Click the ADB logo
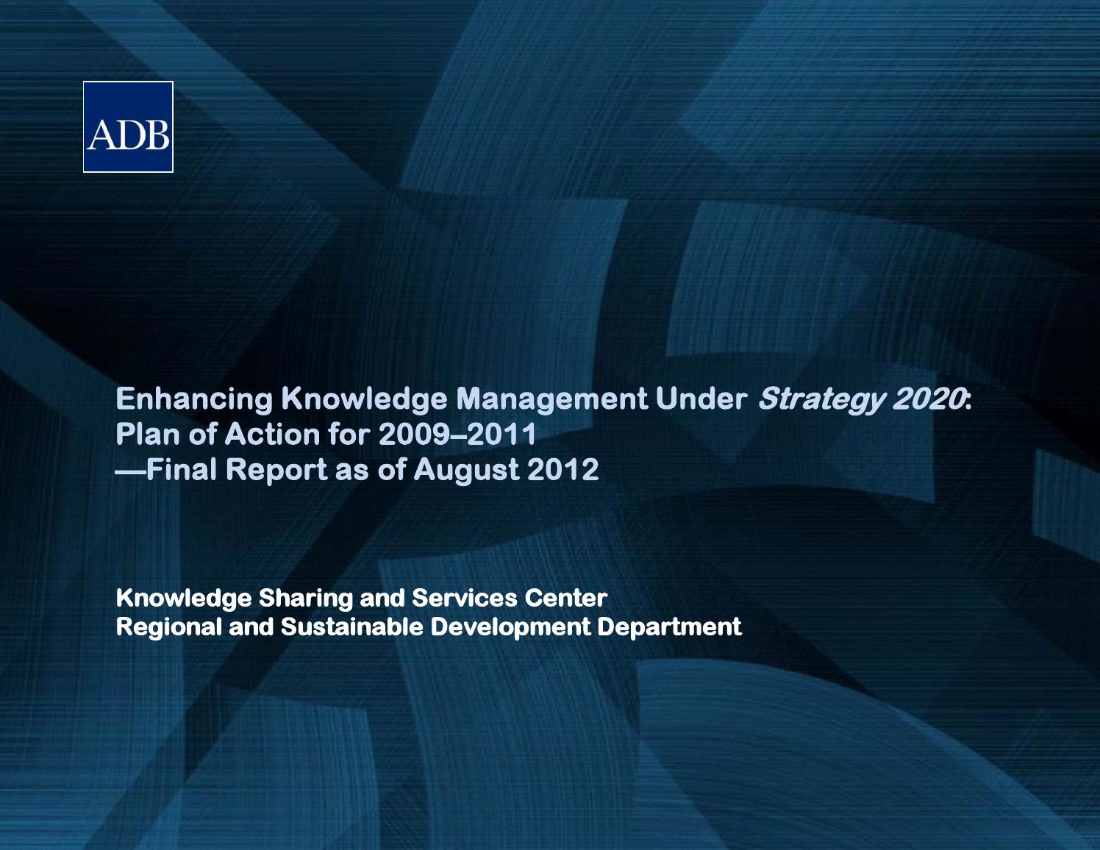[x=128, y=127]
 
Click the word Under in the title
[x=701, y=399]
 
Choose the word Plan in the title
[x=146, y=434]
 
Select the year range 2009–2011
[x=457, y=434]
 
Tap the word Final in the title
[x=181, y=469]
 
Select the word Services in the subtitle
[x=465, y=598]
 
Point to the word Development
[x=510, y=627]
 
